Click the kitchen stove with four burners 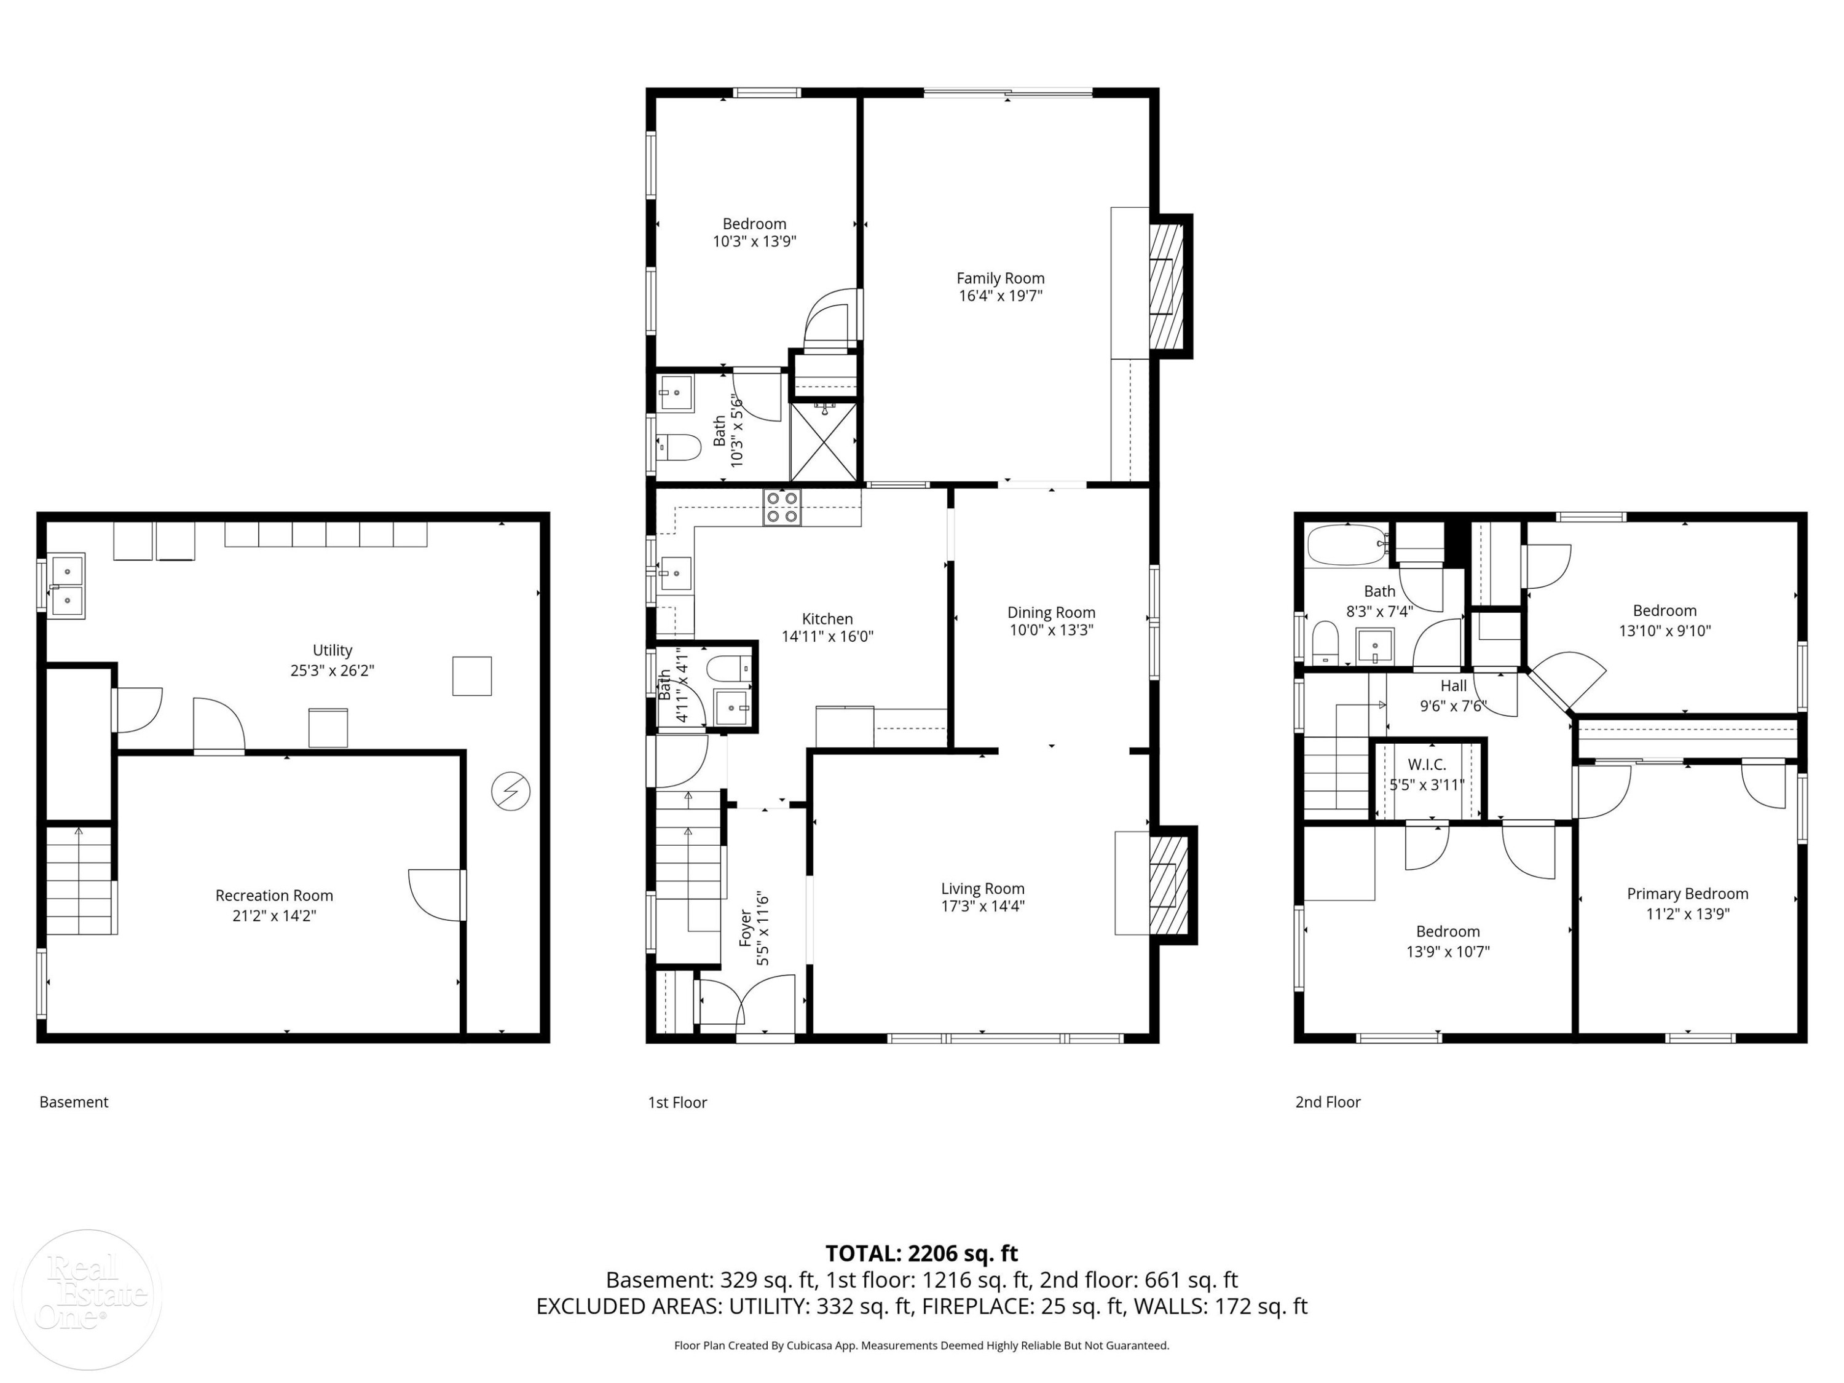point(782,507)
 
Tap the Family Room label point(999,278)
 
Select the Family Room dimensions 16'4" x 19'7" point(1000,296)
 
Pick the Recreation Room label point(274,896)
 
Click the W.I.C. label point(1427,765)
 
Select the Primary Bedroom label point(1687,894)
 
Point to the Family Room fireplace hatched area point(1166,286)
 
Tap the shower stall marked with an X point(824,442)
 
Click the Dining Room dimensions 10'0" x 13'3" point(1051,630)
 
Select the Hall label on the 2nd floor point(1453,686)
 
